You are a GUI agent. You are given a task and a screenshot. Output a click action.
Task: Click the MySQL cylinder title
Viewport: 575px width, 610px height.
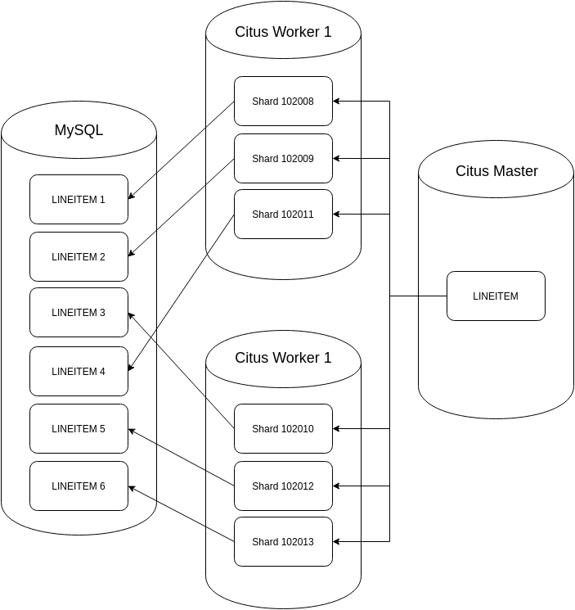79,130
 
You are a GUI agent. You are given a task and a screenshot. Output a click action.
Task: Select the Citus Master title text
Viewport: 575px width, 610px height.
496,171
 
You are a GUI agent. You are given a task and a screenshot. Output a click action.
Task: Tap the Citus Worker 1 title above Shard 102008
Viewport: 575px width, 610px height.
283,32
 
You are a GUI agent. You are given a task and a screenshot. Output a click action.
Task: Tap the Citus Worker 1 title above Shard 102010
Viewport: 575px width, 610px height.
283,358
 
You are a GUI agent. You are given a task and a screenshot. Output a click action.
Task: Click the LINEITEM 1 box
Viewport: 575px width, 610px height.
79,199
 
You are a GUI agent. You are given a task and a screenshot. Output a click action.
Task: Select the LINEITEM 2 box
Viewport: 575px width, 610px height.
79,256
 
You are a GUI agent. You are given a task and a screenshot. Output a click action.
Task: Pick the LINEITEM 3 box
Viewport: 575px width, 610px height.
79,312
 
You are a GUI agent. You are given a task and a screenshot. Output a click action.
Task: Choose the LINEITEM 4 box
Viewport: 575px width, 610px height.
79,371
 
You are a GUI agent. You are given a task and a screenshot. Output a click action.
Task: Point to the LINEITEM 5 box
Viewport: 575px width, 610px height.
79,428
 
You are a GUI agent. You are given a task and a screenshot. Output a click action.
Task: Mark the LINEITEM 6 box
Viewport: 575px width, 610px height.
79,486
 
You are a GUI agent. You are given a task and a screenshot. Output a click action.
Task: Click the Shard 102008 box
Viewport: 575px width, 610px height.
283,102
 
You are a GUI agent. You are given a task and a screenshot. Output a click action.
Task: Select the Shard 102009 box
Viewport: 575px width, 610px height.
283,159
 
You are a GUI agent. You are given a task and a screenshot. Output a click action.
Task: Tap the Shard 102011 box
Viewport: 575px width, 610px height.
283,215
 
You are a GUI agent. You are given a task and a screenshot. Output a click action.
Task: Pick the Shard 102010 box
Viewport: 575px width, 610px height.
283,428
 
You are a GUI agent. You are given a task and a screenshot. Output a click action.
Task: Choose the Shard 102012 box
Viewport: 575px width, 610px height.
283,486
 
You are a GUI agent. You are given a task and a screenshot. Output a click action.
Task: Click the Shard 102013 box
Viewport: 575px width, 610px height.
283,541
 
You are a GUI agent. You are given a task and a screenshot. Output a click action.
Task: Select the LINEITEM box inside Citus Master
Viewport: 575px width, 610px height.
496,296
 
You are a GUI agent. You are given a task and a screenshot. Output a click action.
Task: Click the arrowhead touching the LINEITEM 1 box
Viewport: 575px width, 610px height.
132,197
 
